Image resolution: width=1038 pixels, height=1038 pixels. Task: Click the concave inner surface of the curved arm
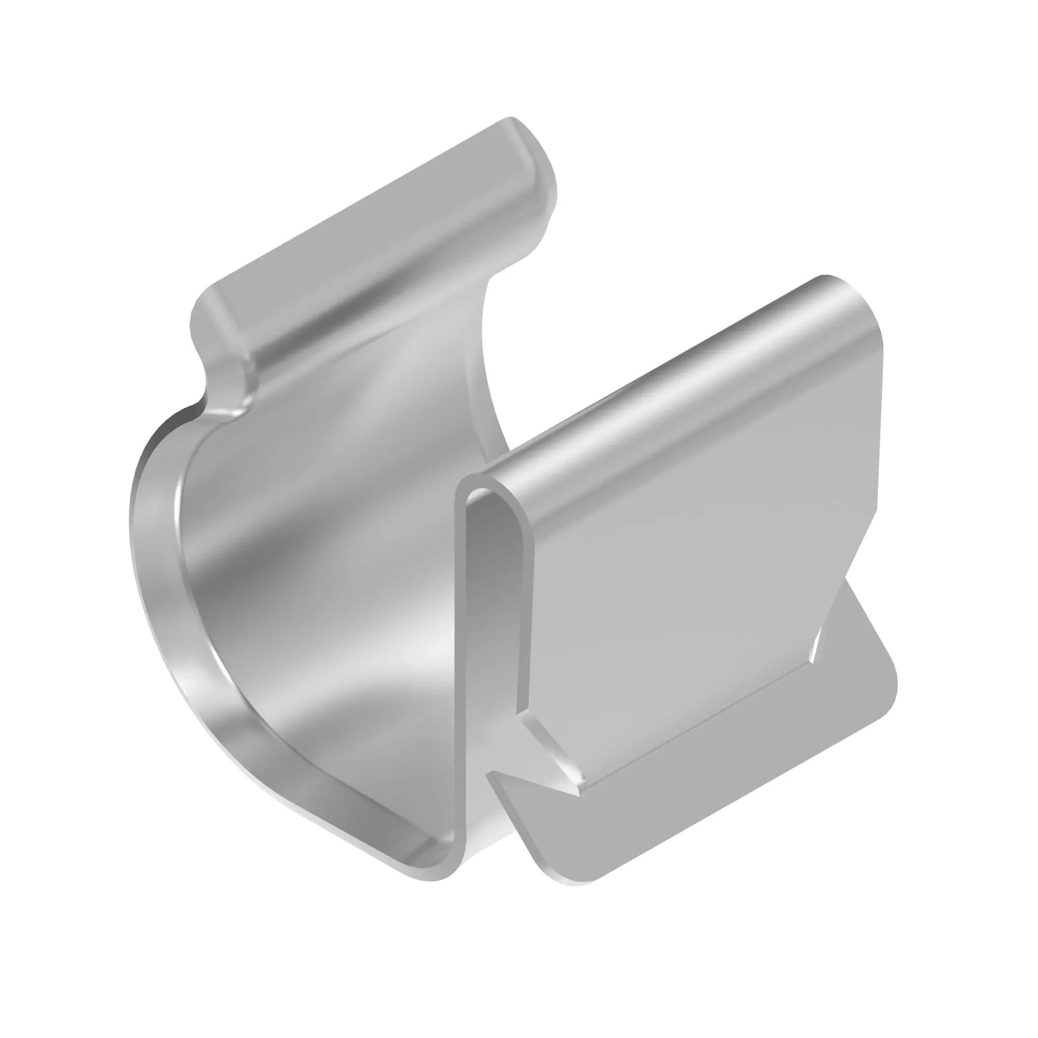[x=333, y=537]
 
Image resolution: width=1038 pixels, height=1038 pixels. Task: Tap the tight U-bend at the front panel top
[x=486, y=484]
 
